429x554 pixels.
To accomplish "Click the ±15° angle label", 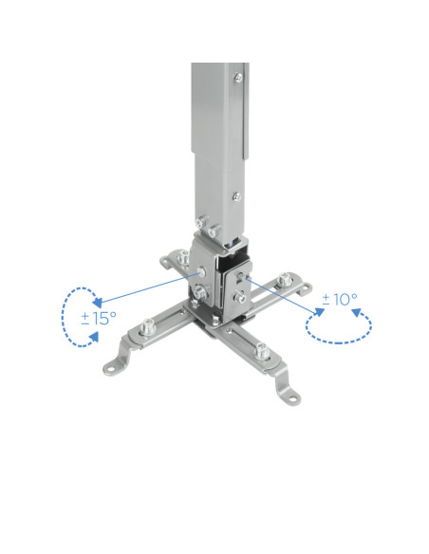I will (x=98, y=318).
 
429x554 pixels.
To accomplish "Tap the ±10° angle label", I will (x=339, y=300).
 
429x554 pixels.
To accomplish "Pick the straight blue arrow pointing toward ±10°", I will (x=285, y=297).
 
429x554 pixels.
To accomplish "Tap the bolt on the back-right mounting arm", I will (x=285, y=282).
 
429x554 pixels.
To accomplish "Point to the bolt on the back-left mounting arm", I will (x=178, y=258).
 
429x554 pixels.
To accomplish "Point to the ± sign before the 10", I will (x=326, y=300).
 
